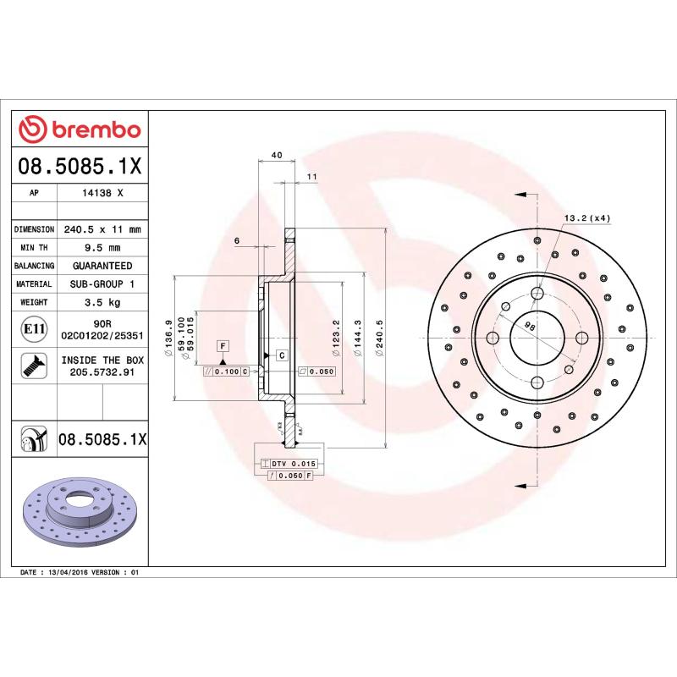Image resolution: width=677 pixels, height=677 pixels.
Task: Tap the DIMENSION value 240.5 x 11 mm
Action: pyautogui.click(x=102, y=229)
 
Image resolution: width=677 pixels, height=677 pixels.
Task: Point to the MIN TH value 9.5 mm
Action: pyautogui.click(x=102, y=247)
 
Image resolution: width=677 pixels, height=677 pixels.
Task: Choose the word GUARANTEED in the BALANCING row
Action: pyautogui.click(x=102, y=266)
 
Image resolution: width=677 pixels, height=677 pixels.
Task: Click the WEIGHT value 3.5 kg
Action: pyautogui.click(x=102, y=302)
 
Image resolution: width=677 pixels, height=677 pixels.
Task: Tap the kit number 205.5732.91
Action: pyautogui.click(x=102, y=371)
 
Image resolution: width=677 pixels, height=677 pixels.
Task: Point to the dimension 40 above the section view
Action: pyautogui.click(x=277, y=156)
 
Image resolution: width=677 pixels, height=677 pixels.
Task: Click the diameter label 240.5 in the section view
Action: pyautogui.click(x=381, y=338)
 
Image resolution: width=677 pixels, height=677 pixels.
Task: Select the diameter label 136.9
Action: pyautogui.click(x=170, y=338)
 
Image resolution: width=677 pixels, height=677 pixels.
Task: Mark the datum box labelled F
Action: pyautogui.click(x=223, y=345)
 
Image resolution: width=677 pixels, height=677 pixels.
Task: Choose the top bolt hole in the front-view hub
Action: pyautogui.click(x=537, y=294)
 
